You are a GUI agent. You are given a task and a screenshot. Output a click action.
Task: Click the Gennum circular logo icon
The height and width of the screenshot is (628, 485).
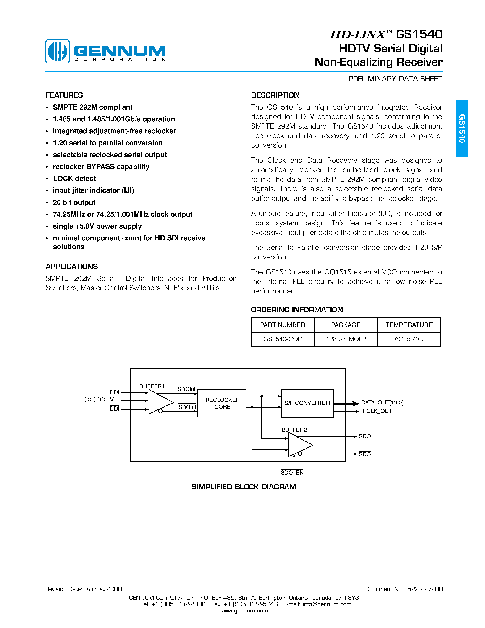pos(58,51)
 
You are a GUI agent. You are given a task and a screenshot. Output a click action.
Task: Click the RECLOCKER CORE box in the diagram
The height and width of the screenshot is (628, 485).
pos(222,403)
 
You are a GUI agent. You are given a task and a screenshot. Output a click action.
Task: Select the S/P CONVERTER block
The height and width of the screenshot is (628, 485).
pos(307,403)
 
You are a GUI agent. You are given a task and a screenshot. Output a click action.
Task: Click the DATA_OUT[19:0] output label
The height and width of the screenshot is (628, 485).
pos(382,403)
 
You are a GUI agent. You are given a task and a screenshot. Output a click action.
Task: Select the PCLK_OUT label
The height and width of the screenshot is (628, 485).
pos(377,411)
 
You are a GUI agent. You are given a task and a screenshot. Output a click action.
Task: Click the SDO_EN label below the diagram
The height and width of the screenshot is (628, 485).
pos(292,472)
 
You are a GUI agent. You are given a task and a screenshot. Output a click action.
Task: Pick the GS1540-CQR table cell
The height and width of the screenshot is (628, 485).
pos(282,339)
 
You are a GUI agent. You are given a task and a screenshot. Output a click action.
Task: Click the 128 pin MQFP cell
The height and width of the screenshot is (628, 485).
pos(346,339)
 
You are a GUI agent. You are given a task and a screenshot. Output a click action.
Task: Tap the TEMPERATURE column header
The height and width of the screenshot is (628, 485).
pos(409,325)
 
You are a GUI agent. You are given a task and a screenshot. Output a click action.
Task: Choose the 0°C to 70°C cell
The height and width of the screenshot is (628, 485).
pos(409,339)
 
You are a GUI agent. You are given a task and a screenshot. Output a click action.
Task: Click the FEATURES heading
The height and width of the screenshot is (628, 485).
pos(64,95)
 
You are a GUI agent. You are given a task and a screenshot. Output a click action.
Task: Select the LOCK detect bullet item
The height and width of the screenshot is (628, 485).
pos(74,179)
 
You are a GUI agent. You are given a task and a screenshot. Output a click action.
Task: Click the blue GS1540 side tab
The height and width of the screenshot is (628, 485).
pos(462,128)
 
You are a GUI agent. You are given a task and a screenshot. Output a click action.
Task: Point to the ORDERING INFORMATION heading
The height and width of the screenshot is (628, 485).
pos(296,310)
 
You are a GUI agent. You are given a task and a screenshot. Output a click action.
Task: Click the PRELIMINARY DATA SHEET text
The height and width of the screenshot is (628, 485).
pos(395,79)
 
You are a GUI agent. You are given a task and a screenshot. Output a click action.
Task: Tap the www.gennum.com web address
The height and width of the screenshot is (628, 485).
pos(244,610)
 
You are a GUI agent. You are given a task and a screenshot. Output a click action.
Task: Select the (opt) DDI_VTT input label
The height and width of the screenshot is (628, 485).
pos(102,400)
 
